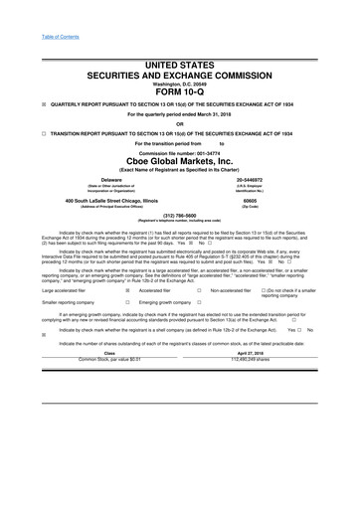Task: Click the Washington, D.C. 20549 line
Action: tap(180, 82)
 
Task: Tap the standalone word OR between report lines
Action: tap(180, 124)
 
